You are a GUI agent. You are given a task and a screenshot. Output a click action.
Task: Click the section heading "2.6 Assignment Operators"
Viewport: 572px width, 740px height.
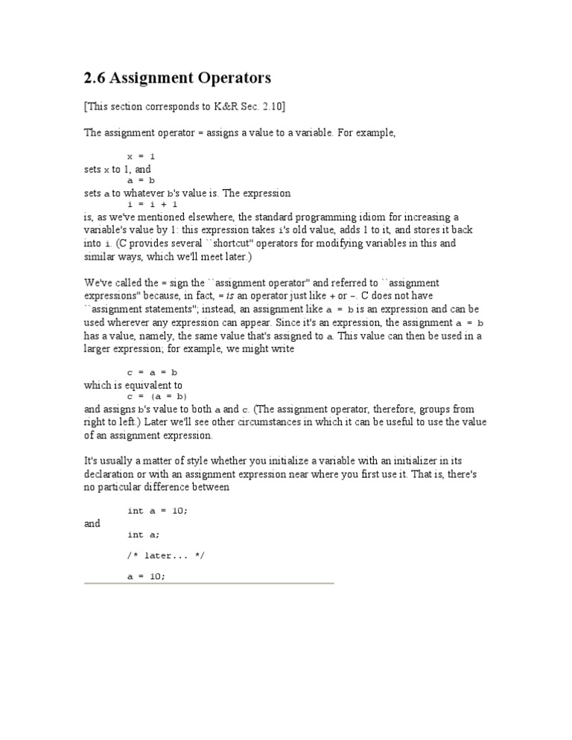click(177, 77)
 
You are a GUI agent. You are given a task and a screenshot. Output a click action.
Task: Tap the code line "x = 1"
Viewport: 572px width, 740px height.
click(141, 156)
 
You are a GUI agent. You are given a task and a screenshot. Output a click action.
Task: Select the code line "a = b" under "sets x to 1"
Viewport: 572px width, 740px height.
click(141, 180)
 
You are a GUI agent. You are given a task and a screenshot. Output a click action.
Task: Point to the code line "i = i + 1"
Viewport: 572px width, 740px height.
click(153, 204)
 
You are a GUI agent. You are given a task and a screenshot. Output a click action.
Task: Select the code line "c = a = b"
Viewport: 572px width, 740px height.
click(153, 372)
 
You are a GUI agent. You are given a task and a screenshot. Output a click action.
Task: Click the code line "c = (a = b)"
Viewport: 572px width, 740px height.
click(157, 397)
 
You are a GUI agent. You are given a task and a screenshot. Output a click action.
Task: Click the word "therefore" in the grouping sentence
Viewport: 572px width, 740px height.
click(383, 409)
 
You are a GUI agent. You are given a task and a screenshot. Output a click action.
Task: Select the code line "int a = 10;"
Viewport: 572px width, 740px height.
click(157, 511)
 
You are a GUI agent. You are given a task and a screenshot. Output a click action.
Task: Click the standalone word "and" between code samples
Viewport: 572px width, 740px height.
click(92, 523)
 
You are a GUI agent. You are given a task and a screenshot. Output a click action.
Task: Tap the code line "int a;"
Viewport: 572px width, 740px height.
click(143, 535)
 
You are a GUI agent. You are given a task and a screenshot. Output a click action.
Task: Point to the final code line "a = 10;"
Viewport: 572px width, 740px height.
click(147, 576)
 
